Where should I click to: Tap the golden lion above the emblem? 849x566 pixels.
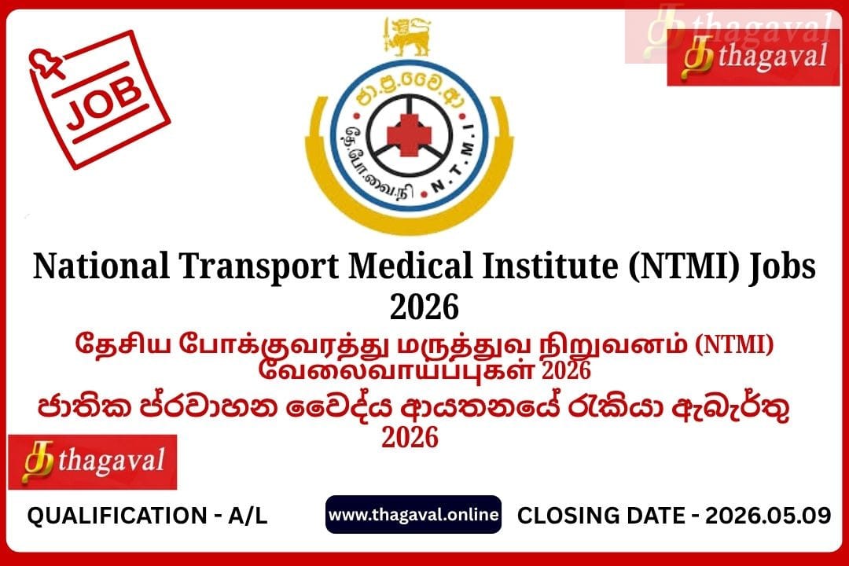pos(407,35)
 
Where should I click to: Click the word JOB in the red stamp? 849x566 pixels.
pos(104,102)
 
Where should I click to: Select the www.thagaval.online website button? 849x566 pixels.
pos(413,514)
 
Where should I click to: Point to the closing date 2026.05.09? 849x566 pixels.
pos(768,515)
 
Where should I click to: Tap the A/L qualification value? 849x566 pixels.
pos(248,516)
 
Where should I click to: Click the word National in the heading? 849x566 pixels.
pos(101,266)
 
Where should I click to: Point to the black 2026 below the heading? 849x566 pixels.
pos(424,307)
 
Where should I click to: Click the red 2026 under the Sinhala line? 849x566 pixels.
pos(410,437)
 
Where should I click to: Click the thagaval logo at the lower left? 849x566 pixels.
pos(93,462)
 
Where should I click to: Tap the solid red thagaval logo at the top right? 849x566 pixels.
pos(753,57)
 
